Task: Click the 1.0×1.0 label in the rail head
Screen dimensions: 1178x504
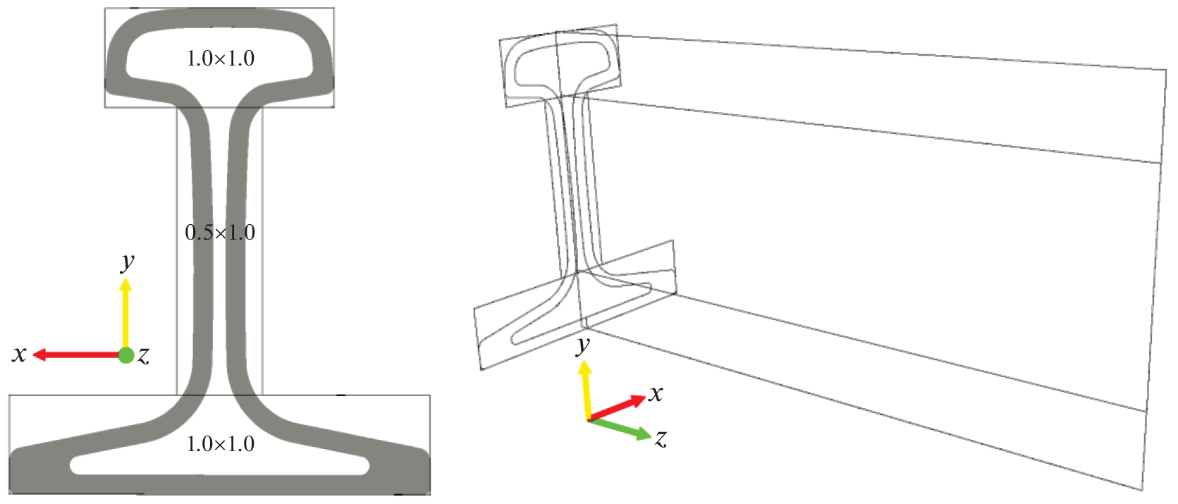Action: [x=221, y=59]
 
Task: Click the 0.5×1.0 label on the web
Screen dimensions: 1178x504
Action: [x=220, y=232]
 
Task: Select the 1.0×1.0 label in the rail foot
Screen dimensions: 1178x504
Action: [x=221, y=444]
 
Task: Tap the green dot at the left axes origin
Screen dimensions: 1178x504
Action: [x=126, y=355]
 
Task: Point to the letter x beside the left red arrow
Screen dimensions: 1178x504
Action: [x=19, y=354]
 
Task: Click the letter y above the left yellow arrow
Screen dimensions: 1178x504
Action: [x=128, y=262]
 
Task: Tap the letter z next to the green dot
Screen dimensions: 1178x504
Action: [x=144, y=356]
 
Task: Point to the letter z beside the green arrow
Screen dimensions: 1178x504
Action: [x=661, y=438]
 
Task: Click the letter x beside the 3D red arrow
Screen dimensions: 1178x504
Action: [x=655, y=393]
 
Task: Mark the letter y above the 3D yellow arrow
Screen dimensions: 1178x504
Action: [x=583, y=346]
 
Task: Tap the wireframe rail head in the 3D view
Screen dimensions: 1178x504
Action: [x=560, y=66]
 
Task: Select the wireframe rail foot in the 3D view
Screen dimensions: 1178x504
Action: [x=575, y=306]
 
